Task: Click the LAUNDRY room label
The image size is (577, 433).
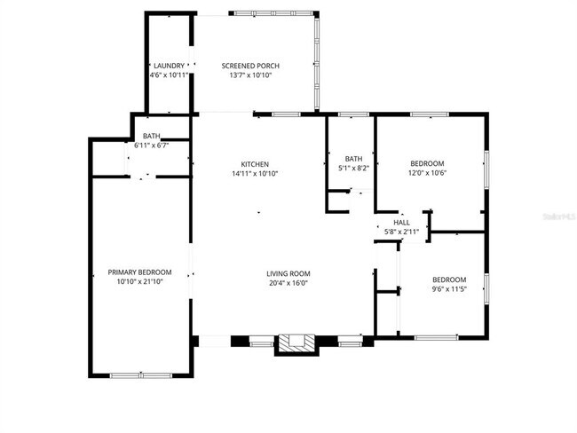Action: point(169,66)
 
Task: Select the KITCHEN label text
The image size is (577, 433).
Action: point(255,164)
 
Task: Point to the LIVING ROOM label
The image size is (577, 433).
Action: point(288,273)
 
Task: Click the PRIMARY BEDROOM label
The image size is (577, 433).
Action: point(139,272)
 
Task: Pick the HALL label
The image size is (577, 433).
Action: point(402,222)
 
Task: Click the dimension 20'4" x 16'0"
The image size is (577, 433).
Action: point(288,283)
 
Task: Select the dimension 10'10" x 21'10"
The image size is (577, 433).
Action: point(139,281)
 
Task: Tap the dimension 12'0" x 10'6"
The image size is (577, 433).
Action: point(427,173)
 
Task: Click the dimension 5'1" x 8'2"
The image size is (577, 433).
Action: point(352,168)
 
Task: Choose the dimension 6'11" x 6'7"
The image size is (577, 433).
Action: point(151,145)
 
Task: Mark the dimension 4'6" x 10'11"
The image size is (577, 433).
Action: point(169,75)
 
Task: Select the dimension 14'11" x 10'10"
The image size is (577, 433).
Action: point(255,174)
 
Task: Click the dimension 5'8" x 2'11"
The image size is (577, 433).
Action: point(402,232)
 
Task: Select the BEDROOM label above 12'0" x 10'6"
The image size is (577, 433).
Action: point(427,163)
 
